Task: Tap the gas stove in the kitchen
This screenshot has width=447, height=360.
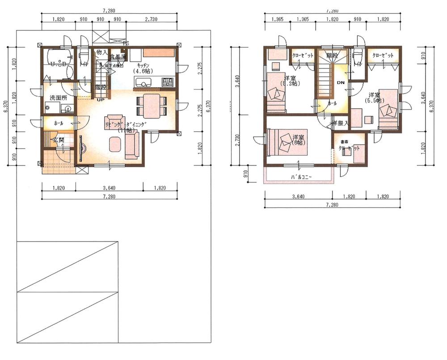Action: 168,82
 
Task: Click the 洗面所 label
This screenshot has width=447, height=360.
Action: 59,97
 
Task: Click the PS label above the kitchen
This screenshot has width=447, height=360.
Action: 126,43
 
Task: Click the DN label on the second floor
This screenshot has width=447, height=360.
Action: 341,83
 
